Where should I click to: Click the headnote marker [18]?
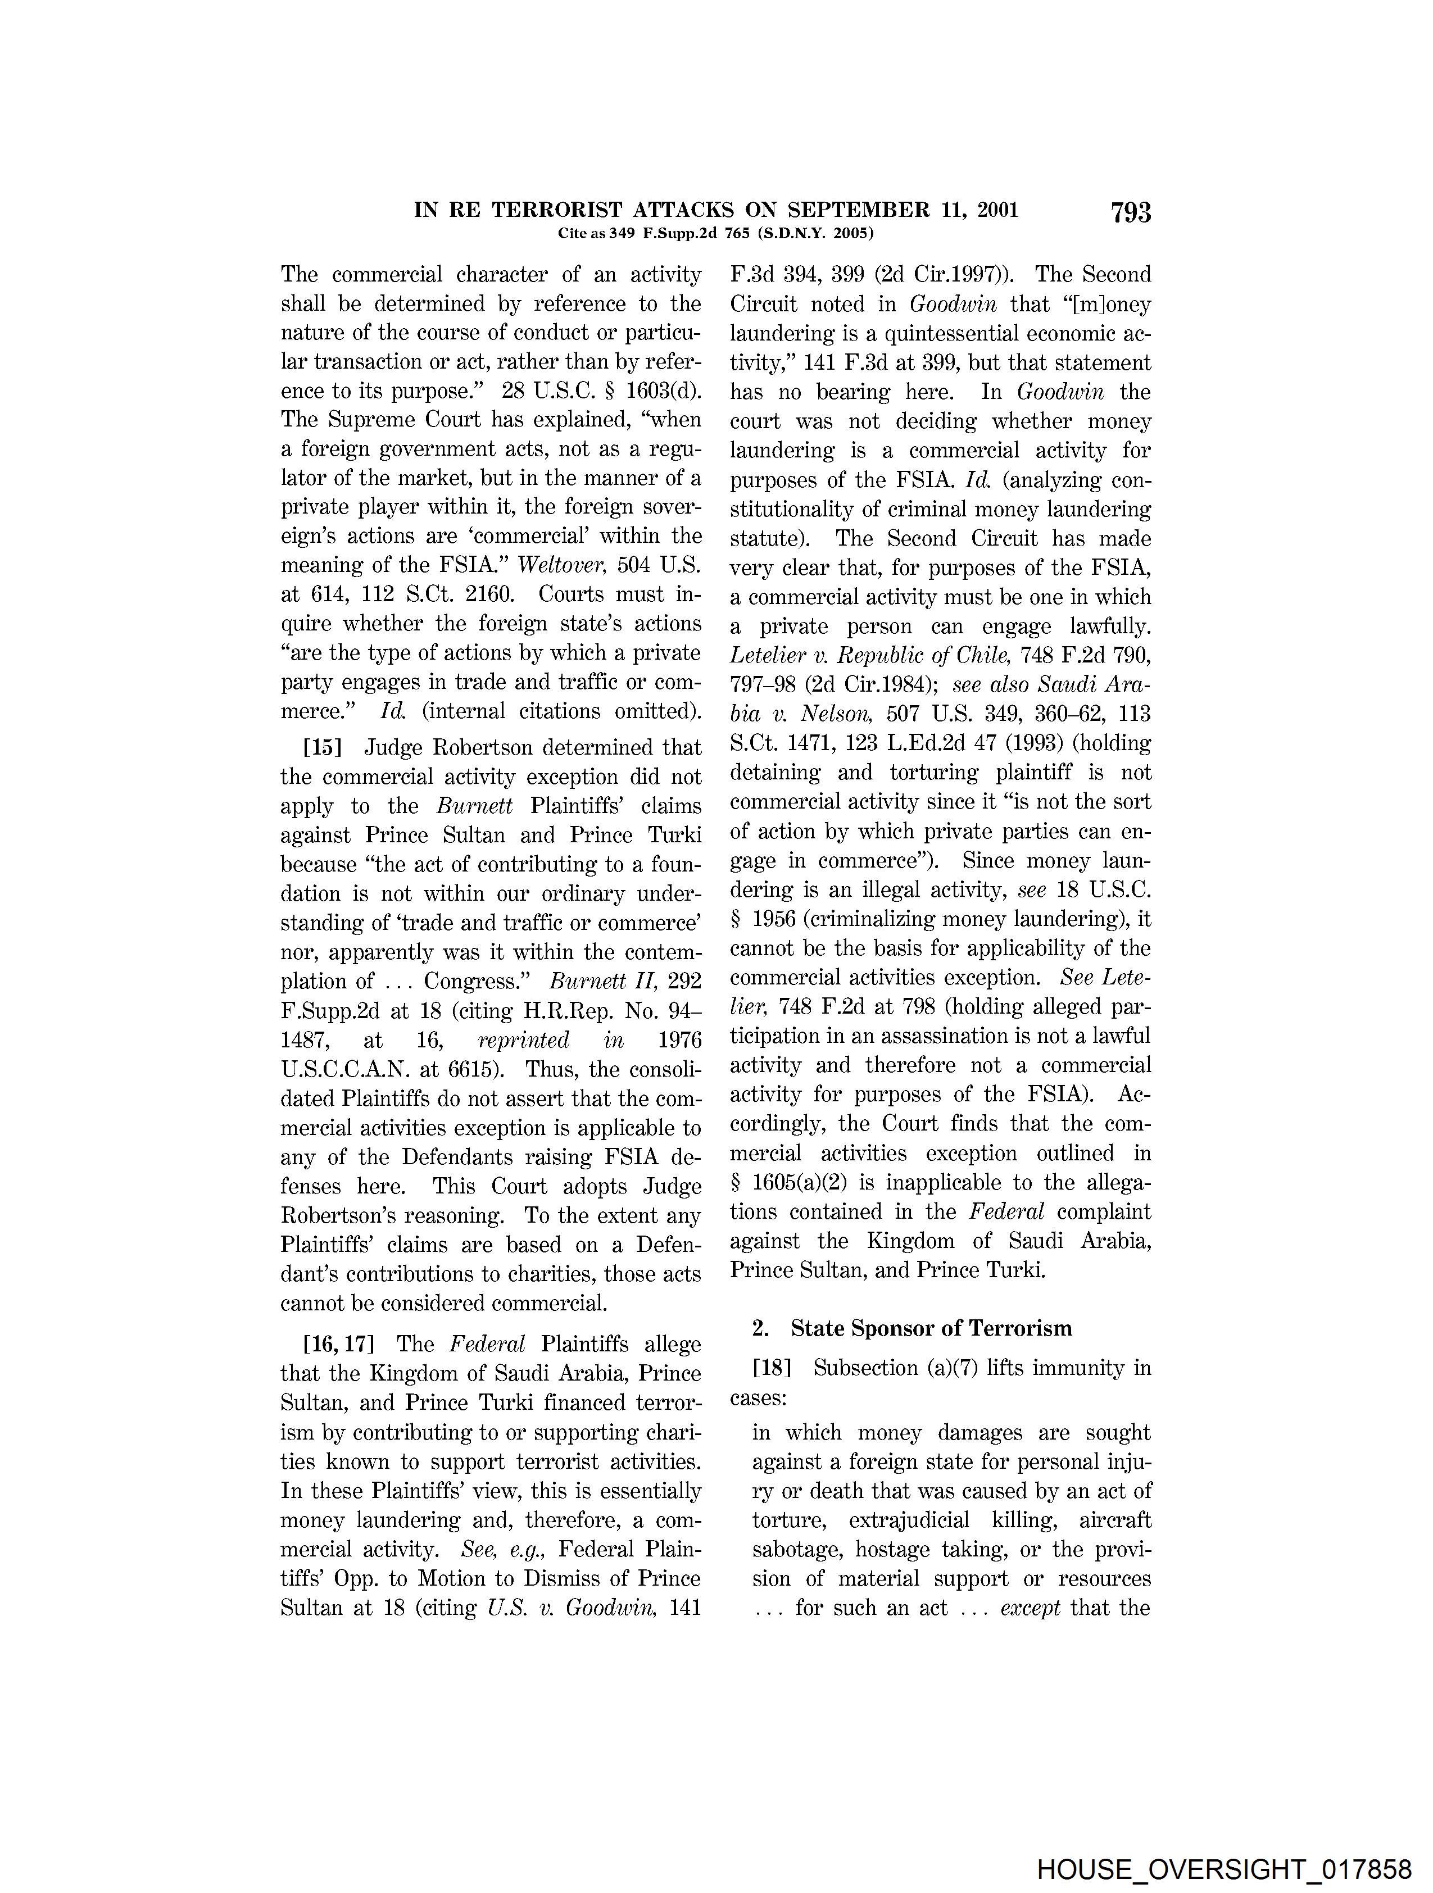coord(771,1368)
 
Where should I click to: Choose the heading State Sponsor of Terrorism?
coord(931,1328)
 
